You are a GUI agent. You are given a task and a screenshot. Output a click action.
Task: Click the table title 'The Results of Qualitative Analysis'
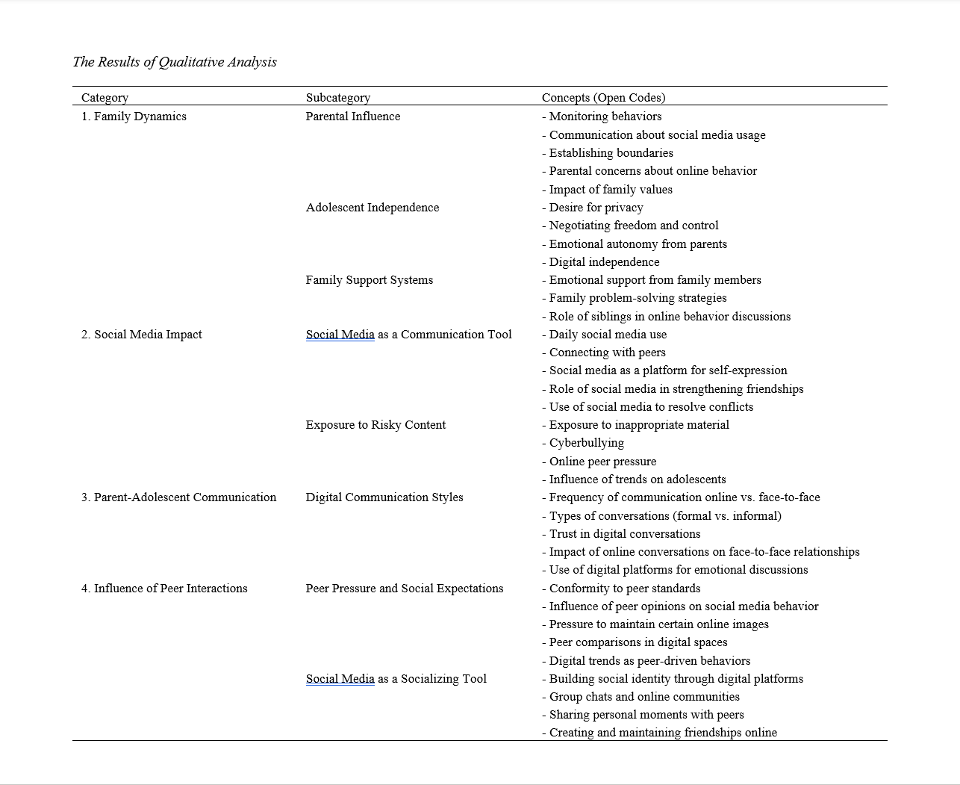(174, 62)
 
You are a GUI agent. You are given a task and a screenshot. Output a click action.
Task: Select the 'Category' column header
(105, 98)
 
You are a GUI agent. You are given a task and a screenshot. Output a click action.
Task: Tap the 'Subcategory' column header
(337, 98)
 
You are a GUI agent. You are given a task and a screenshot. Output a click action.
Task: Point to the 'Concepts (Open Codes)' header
(603, 98)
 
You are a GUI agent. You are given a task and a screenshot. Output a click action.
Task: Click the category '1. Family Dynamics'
(134, 117)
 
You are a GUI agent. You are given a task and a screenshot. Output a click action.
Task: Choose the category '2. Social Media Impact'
(141, 335)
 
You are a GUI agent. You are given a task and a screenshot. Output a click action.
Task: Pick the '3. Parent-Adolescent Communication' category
(178, 497)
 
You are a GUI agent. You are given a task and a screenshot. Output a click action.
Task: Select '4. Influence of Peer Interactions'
(164, 589)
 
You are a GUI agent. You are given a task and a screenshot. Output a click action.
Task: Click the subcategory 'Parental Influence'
(352, 117)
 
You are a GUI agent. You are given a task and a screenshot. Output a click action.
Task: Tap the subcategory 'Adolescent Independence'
(372, 208)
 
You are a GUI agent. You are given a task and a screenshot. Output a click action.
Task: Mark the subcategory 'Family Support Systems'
(369, 280)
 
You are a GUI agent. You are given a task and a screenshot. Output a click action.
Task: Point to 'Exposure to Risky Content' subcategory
(375, 425)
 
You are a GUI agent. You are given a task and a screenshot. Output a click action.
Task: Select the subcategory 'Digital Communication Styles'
(384, 497)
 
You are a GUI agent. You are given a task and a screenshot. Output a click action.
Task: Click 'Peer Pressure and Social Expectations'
(404, 589)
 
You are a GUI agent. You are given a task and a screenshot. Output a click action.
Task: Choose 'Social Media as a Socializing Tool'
(396, 679)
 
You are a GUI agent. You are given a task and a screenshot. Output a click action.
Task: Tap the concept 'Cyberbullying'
(586, 443)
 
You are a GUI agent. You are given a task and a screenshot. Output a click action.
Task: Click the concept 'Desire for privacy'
(596, 208)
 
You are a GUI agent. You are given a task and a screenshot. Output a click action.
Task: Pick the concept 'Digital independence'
(604, 262)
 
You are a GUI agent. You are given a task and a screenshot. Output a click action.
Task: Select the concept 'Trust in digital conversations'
(624, 534)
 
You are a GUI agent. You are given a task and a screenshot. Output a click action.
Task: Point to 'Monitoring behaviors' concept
(605, 117)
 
